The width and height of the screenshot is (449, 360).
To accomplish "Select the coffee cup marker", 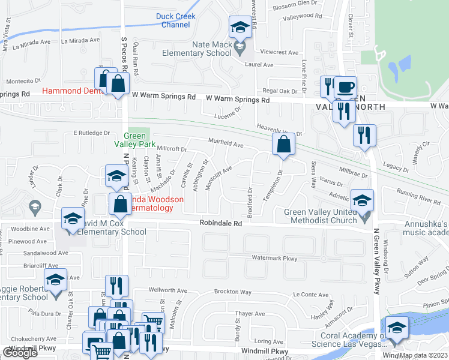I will [345, 86].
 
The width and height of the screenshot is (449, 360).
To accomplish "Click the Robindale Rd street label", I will [221, 223].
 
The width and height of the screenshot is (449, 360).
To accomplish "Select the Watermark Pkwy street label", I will [274, 259].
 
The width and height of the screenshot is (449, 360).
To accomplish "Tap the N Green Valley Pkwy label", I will [377, 270].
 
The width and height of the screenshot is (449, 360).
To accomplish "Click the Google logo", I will [20, 353].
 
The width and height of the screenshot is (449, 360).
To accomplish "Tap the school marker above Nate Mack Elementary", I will [240, 27].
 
